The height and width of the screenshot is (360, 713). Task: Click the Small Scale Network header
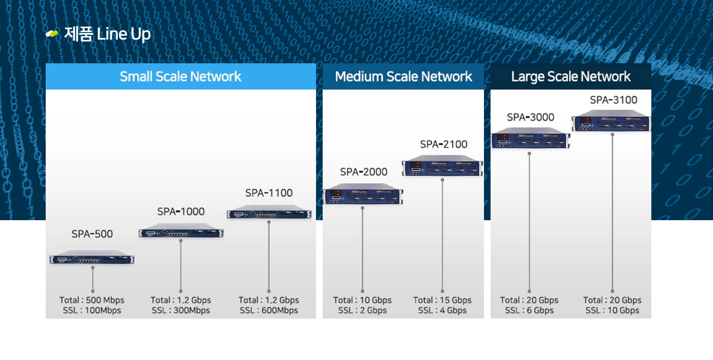tap(181, 77)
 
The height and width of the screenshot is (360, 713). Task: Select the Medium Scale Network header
tap(403, 77)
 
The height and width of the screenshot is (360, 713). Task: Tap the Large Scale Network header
tap(570, 77)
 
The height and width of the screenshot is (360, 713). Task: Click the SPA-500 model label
tap(92, 234)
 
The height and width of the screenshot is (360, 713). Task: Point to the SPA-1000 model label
tap(181, 211)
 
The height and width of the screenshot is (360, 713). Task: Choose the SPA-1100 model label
tap(269, 193)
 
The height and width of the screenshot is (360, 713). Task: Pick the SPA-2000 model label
tap(363, 172)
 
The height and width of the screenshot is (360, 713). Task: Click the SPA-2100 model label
tap(443, 144)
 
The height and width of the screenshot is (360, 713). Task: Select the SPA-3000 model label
tap(530, 117)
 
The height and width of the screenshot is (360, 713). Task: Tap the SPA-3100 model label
tap(613, 100)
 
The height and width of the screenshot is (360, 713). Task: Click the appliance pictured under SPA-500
tap(92, 258)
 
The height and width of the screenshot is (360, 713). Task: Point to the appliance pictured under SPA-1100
tap(269, 212)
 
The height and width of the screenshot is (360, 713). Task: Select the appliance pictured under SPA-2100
tap(442, 167)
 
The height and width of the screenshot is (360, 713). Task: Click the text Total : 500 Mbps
tap(92, 300)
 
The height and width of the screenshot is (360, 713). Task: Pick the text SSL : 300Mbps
tap(181, 310)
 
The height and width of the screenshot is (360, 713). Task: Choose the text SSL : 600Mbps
tap(269, 310)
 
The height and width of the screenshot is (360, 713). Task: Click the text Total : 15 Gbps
tap(442, 300)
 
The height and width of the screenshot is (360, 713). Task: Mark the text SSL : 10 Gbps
tap(612, 310)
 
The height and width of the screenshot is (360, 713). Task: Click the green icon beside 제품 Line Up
tap(52, 34)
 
